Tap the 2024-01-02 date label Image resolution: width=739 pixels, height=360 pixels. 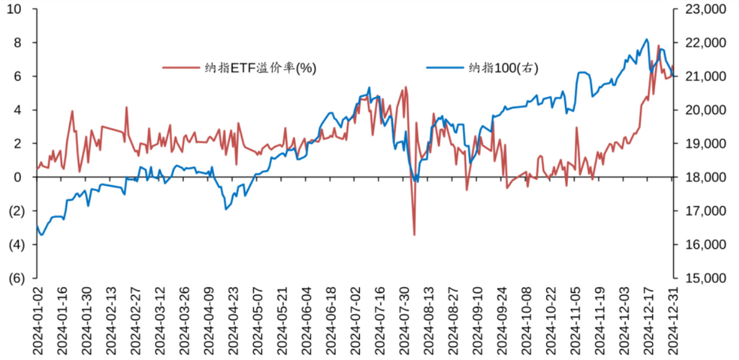coord(37,320)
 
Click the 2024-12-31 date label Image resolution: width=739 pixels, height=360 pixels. coord(673,320)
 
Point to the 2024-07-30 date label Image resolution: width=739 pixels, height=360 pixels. coord(404,320)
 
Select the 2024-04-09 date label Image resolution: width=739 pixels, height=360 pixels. coord(208,320)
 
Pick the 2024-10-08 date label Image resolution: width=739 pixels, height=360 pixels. coord(526,320)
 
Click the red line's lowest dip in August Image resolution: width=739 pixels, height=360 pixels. coord(414,235)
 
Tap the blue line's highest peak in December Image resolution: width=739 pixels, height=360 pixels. coord(647,40)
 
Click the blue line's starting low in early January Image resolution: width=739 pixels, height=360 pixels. coord(41,235)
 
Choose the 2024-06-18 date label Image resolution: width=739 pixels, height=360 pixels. coord(331,320)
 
